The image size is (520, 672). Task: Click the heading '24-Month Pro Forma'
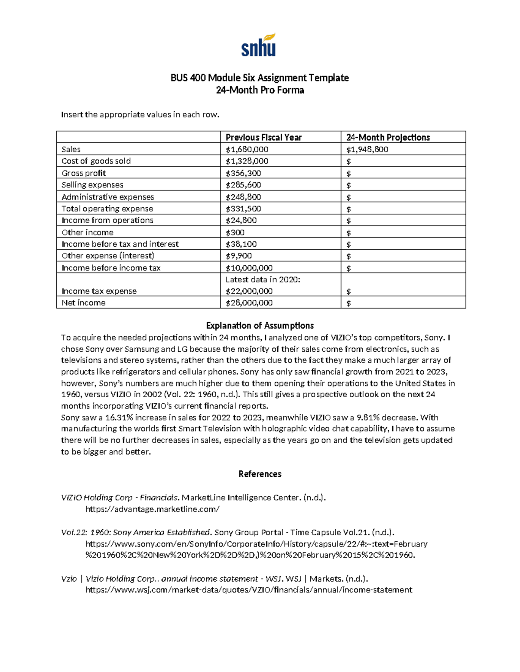(260, 90)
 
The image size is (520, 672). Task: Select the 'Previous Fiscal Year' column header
(263, 137)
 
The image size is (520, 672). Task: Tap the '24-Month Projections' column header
(388, 137)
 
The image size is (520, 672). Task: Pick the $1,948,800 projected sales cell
(367, 149)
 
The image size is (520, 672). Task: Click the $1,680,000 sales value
(247, 149)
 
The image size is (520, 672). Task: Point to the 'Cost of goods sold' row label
(96, 161)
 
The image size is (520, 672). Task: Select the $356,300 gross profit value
(243, 173)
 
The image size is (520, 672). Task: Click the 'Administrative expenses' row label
(107, 197)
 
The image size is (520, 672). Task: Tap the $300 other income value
(235, 232)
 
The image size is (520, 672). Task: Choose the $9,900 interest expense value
(239, 256)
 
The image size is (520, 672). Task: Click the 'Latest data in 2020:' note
(263, 280)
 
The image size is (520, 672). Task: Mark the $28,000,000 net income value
(249, 303)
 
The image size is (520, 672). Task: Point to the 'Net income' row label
(84, 303)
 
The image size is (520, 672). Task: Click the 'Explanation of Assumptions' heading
(260, 325)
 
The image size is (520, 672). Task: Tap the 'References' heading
(260, 474)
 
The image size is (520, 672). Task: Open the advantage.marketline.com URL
(153, 509)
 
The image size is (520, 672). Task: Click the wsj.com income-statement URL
(249, 590)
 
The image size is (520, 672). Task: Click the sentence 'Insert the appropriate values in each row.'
(140, 115)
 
